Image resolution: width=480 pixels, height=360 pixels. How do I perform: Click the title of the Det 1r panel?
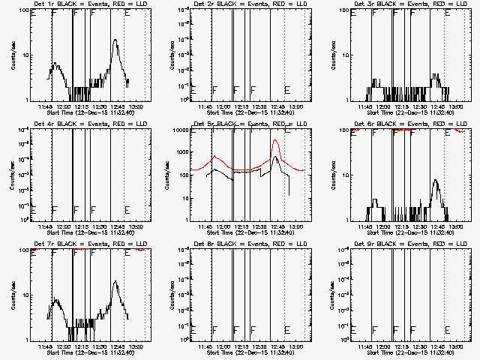pyautogui.click(x=88, y=4)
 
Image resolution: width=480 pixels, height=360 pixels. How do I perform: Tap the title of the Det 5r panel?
pyautogui.click(x=249, y=124)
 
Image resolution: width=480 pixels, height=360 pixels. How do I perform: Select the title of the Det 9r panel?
pyautogui.click(x=408, y=244)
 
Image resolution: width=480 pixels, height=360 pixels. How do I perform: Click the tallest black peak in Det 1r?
pyautogui.click(x=115, y=40)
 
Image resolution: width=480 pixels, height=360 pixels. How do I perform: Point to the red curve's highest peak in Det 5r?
pyautogui.click(x=276, y=140)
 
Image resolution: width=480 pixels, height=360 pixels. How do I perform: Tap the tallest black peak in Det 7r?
pyautogui.click(x=115, y=281)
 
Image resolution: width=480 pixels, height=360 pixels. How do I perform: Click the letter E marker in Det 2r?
pyautogui.click(x=287, y=89)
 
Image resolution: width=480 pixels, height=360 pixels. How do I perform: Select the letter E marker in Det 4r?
pyautogui.click(x=127, y=209)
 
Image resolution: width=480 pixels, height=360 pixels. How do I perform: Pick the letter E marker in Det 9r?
pyautogui.click(x=448, y=329)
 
